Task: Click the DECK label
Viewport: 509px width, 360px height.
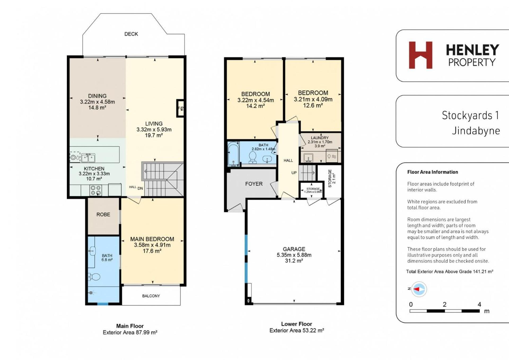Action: pos(131,34)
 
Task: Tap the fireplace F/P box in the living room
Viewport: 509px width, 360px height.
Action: pos(180,108)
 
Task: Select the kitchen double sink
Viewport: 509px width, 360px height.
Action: pos(88,158)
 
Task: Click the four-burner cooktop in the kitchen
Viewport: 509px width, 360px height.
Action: pos(96,190)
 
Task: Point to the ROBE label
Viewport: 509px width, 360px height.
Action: pos(103,214)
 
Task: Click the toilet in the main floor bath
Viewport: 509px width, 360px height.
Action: pos(94,277)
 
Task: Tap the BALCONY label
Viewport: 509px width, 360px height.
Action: pos(151,296)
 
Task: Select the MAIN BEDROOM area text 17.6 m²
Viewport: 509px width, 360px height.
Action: pos(152,251)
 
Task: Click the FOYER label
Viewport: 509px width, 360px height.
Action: pos(254,184)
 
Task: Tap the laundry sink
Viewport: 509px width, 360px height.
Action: pos(308,158)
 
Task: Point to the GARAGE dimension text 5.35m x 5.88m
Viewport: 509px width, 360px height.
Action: pos(294,255)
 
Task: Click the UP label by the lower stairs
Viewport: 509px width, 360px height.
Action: pos(294,173)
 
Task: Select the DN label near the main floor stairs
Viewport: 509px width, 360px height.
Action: pos(140,188)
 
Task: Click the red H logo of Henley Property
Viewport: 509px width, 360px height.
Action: pos(420,55)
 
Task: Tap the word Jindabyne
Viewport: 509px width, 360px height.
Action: pos(476,131)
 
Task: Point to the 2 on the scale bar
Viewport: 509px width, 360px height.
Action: pos(444,304)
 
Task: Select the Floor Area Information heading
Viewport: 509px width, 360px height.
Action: pos(433,172)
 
